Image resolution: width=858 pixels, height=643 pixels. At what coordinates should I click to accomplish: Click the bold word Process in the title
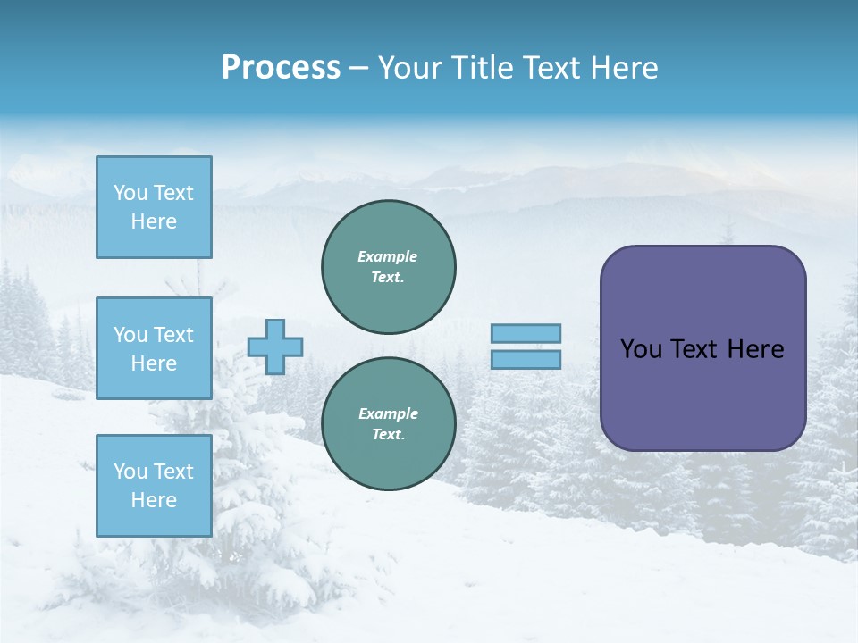(x=281, y=68)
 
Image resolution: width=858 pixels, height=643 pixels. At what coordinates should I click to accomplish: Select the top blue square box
(x=154, y=207)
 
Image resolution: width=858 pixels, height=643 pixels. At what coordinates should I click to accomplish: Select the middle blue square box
(x=154, y=348)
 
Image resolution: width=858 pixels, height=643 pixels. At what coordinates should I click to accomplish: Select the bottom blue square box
(x=154, y=486)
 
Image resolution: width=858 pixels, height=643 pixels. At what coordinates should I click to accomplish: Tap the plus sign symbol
(x=275, y=347)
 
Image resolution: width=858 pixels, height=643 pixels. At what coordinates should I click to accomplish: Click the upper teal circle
(x=388, y=267)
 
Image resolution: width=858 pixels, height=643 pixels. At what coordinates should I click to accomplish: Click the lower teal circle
(x=388, y=424)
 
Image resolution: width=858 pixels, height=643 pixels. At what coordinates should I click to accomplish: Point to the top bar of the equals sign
(x=526, y=333)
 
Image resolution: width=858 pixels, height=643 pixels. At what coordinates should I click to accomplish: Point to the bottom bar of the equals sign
(x=526, y=359)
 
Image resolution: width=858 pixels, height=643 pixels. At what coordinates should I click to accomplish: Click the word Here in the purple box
(x=755, y=349)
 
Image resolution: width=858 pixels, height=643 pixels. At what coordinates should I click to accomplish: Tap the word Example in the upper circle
(x=387, y=256)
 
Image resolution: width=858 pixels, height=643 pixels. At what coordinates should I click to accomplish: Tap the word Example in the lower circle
(x=387, y=413)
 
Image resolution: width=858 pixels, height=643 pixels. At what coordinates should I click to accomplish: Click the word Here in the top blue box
(x=154, y=221)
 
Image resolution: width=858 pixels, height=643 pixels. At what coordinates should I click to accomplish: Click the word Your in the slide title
(x=408, y=68)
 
